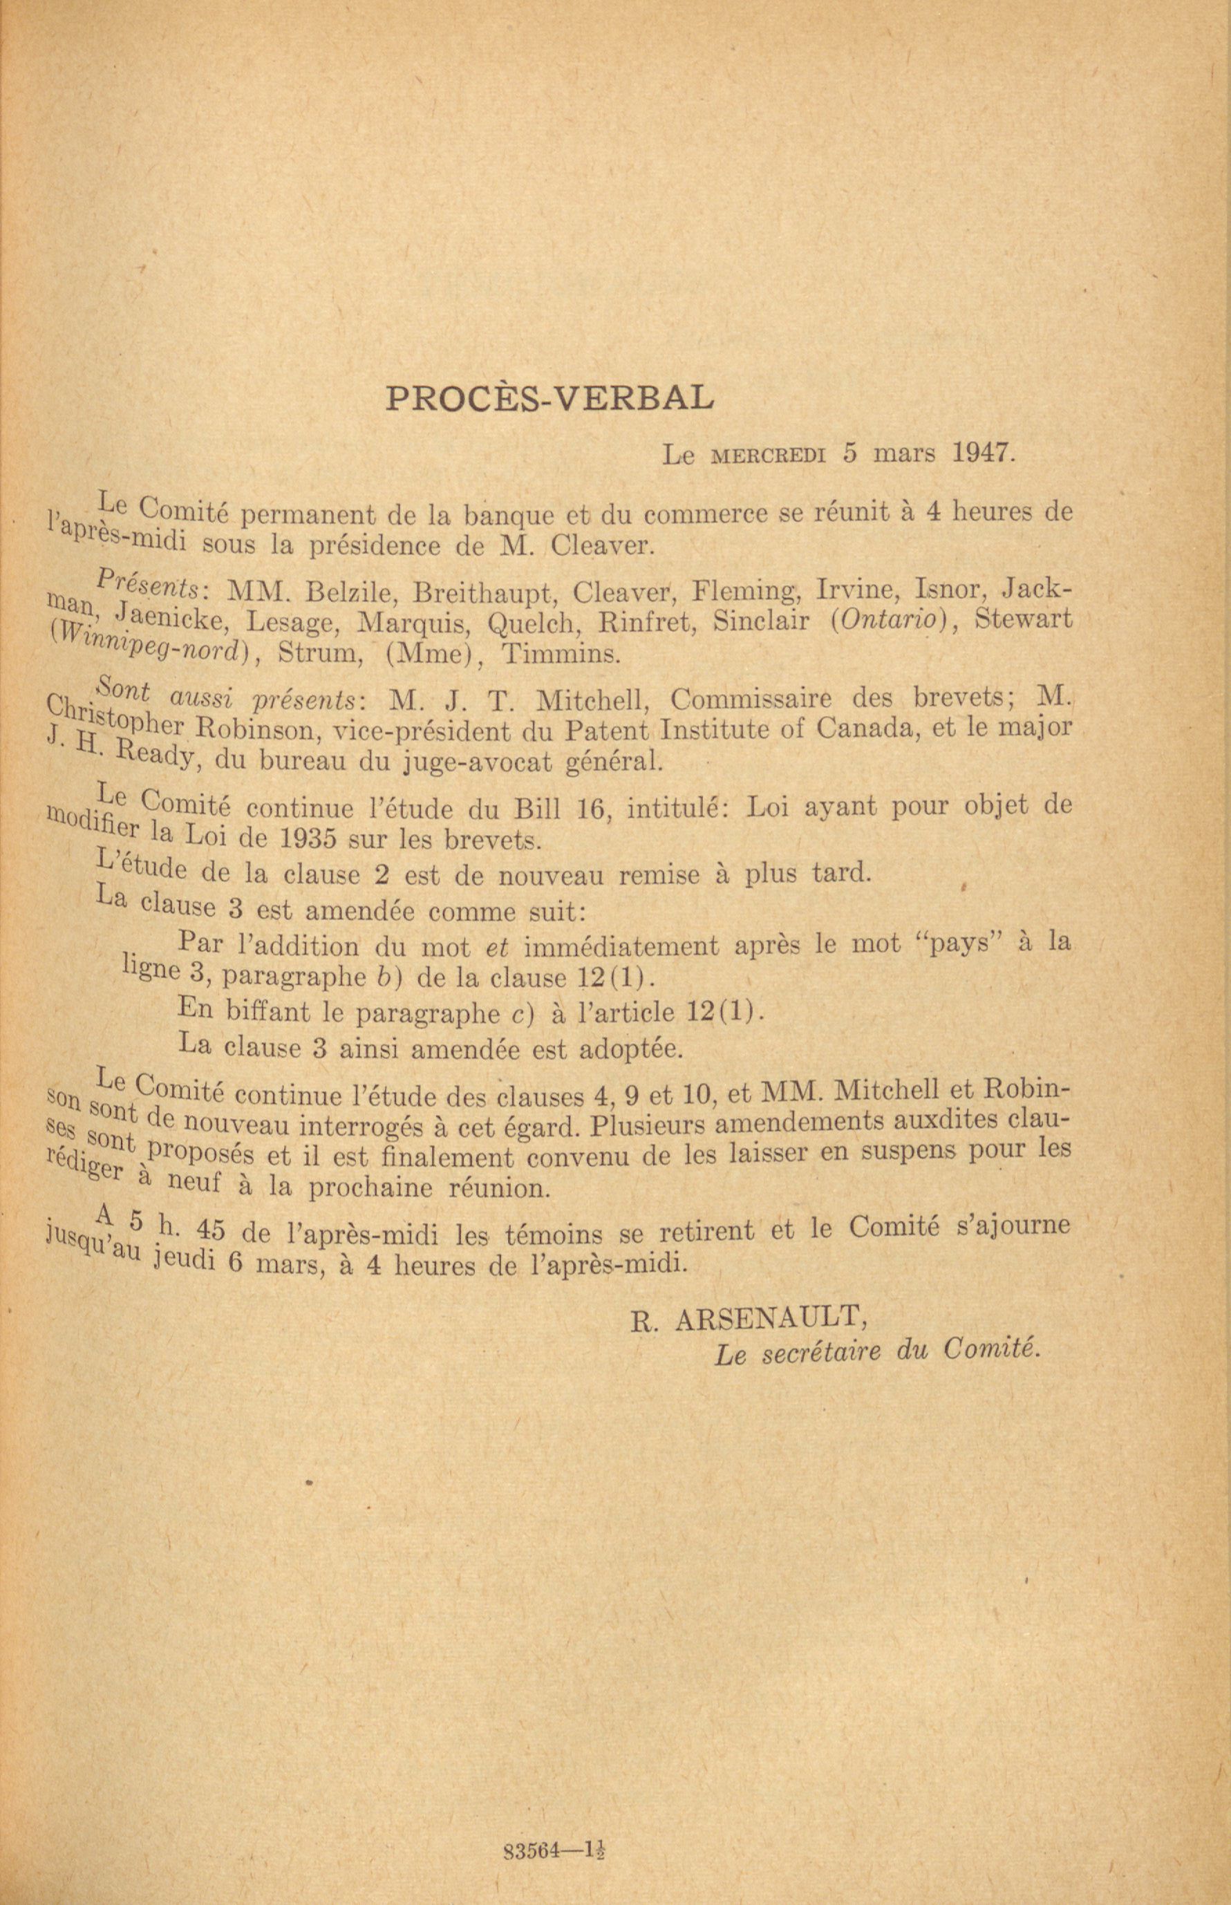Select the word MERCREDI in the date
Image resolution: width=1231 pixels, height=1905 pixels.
click(767, 456)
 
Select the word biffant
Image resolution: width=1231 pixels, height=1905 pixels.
click(267, 1012)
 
